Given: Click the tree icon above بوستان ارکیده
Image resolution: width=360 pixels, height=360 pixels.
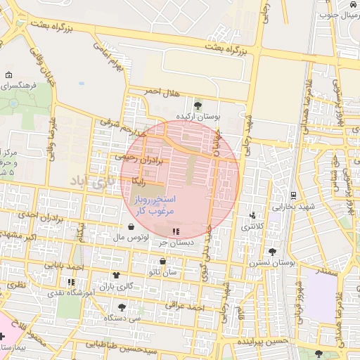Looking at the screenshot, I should pyautogui.click(x=198, y=105).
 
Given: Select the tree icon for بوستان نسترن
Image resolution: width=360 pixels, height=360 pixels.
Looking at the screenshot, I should pyautogui.click(x=272, y=251).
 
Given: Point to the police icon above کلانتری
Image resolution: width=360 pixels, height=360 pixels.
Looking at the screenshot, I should pyautogui.click(x=252, y=215).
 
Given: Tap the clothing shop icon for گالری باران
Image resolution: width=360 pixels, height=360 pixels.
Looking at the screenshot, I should pyautogui.click(x=115, y=275).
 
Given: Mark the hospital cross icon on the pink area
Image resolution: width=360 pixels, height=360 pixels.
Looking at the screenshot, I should pyautogui.click(x=2, y=337).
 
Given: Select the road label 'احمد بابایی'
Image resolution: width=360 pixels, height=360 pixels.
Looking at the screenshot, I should pyautogui.click(x=63, y=266).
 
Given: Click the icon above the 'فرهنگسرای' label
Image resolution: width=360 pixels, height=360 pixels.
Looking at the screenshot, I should pyautogui.click(x=8, y=75).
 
